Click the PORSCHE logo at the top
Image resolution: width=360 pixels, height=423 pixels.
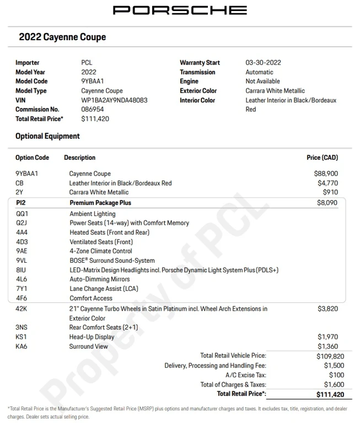pos(180,10)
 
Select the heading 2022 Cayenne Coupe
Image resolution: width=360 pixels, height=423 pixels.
pos(62,37)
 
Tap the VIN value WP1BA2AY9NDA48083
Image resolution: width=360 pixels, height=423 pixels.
pos(114,100)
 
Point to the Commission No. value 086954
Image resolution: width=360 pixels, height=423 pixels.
pos(92,110)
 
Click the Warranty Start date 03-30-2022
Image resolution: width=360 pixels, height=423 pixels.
pos(263,63)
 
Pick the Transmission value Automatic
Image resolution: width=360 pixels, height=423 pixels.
pos(259,72)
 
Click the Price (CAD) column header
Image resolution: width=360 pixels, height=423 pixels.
pos(322,158)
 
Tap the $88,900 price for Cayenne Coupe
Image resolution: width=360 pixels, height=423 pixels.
pos(326,173)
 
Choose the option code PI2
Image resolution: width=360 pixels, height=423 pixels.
pos(21,203)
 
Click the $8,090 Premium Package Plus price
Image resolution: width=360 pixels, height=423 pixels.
pos(327,203)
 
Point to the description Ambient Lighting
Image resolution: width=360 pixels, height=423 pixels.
pos(92,214)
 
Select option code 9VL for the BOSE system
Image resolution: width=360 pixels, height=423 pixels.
pos(22,261)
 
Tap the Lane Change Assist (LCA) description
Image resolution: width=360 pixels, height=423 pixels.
pos(104,289)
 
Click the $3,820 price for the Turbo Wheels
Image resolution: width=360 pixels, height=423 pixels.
pos(327,309)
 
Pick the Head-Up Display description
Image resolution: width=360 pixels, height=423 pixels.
pos(92,337)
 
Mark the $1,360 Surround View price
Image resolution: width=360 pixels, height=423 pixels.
pos(327,346)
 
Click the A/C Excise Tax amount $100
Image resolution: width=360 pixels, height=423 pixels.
pos(335,375)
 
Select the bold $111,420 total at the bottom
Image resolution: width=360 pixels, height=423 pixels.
pos(330,394)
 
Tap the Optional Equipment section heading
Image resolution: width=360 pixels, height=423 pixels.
pos(47,136)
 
